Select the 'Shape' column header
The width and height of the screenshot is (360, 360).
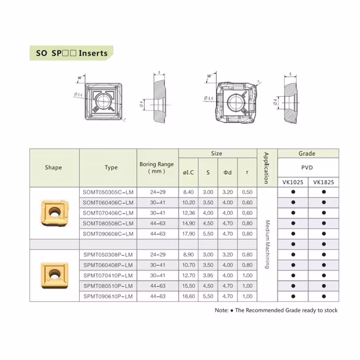tap(54, 168)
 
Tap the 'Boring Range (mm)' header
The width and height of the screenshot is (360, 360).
tap(155, 168)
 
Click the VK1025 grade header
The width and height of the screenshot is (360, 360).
tap(293, 182)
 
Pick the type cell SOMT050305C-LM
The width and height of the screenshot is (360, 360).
tap(109, 192)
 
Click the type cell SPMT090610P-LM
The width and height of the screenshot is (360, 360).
tap(109, 297)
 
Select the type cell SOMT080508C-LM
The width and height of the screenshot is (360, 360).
tap(109, 224)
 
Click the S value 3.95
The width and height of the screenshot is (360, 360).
tap(208, 276)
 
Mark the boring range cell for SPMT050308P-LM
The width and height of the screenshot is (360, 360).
tap(155, 255)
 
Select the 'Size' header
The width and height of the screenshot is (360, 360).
tap(217, 154)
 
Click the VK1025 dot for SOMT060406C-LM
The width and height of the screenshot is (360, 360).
tap(293, 203)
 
